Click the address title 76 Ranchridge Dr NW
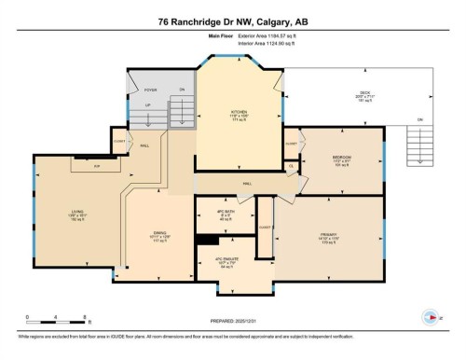click(x=232, y=21)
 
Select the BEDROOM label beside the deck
click(x=340, y=159)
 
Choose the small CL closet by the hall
click(x=292, y=166)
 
